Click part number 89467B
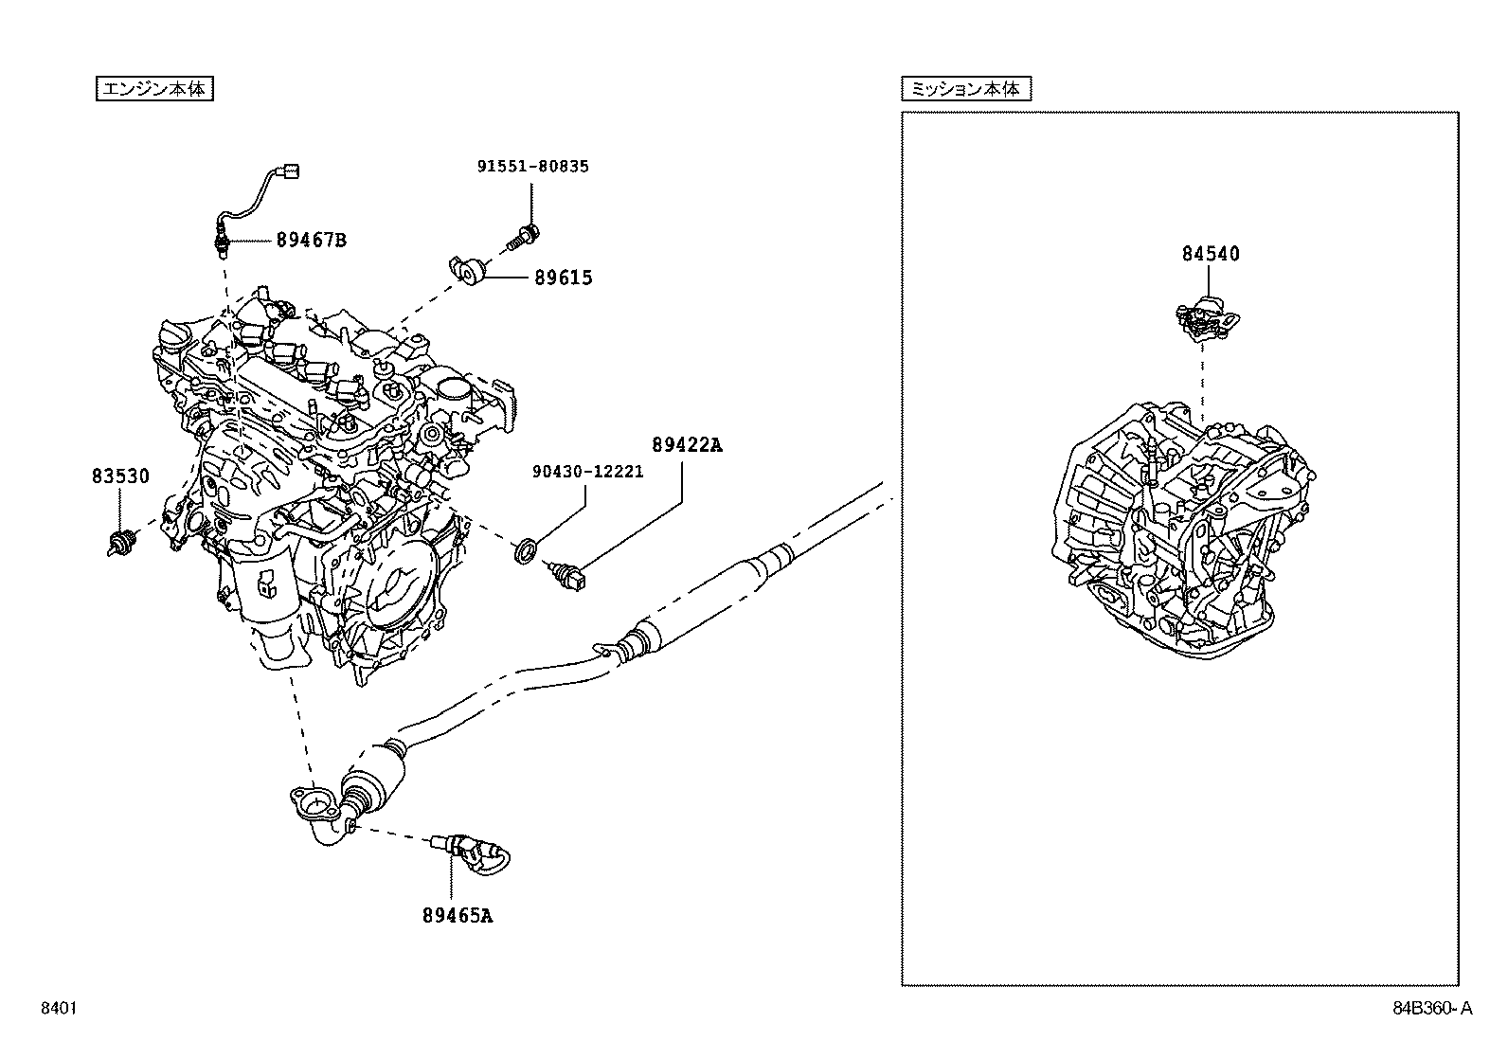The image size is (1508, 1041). [x=311, y=240]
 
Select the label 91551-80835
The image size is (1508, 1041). [x=531, y=166]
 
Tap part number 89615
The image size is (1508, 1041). [x=563, y=278]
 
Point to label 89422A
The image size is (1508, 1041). [x=686, y=444]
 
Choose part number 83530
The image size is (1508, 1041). [x=120, y=476]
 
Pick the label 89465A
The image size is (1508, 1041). [x=458, y=915]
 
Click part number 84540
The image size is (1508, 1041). [x=1210, y=253]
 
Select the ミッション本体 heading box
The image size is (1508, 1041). [x=965, y=89]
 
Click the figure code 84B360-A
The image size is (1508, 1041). [x=1432, y=1009]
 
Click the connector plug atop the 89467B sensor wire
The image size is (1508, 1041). [x=292, y=171]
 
